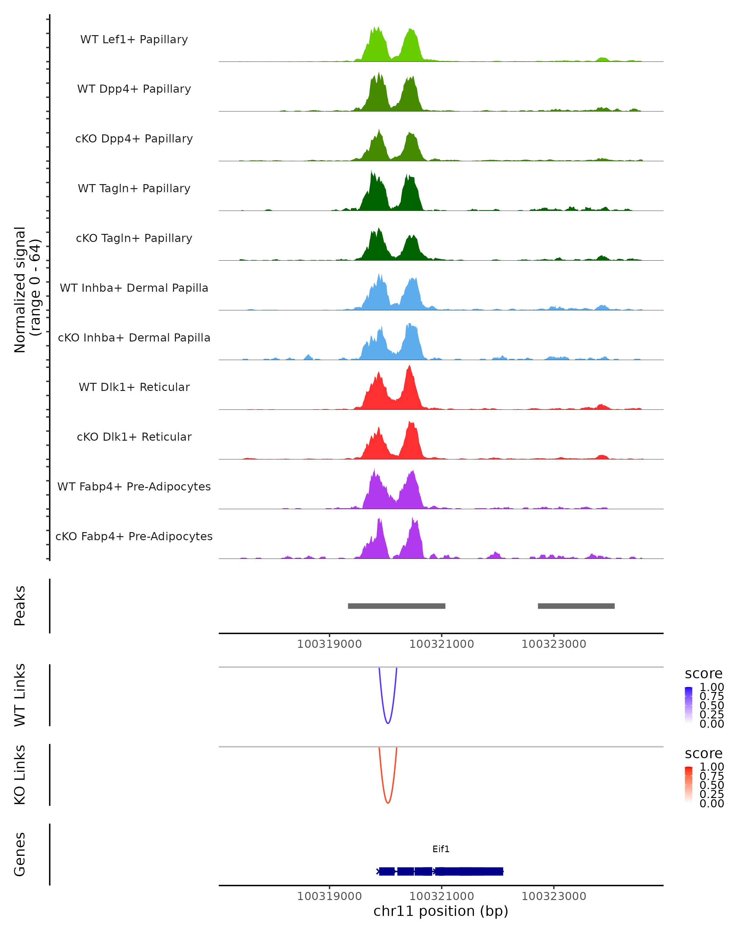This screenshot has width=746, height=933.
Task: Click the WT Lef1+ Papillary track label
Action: (134, 39)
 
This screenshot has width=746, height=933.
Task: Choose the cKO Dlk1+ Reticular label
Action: (134, 437)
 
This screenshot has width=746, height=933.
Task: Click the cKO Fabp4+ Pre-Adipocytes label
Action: (134, 536)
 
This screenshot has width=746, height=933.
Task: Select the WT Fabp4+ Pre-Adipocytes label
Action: (134, 486)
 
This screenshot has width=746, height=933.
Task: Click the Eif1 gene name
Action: (441, 849)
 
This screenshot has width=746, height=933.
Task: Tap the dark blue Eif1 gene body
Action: (467, 871)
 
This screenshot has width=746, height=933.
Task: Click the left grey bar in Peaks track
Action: (397, 606)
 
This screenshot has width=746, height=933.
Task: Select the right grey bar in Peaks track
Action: (576, 606)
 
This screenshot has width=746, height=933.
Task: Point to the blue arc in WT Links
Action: (388, 723)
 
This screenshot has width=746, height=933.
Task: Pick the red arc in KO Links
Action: (388, 802)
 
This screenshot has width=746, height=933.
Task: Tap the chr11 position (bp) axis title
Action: (441, 911)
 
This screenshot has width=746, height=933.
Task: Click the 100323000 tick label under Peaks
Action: (554, 644)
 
